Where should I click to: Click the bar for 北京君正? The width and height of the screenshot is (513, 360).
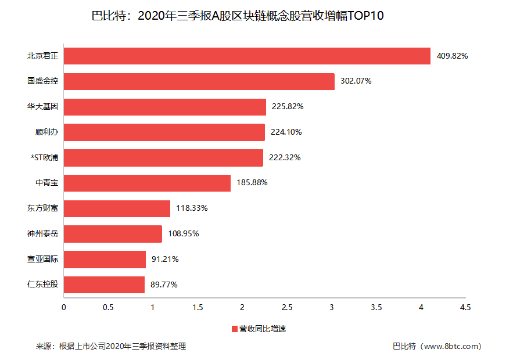point(247,56)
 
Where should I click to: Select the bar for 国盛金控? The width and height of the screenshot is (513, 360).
point(199,81)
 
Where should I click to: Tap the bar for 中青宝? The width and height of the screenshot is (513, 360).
point(147,183)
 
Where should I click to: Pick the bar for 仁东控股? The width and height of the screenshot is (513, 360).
point(104,285)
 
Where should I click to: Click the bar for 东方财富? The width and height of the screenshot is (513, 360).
point(117,208)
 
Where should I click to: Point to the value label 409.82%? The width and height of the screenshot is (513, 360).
point(452,56)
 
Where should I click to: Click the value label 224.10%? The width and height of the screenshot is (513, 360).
point(286,132)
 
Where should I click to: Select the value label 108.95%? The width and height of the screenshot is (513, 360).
point(184,234)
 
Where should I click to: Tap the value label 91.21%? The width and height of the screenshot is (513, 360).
point(165,260)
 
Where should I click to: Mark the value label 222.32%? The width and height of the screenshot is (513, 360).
point(285,158)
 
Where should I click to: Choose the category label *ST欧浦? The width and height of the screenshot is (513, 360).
point(44,158)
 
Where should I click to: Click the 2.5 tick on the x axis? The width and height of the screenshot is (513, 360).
point(286,307)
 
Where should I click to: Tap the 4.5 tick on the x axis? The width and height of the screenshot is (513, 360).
point(465,307)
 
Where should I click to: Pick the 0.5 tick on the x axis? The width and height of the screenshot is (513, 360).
point(108,307)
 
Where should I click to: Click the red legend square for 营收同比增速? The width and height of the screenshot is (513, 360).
point(235,329)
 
